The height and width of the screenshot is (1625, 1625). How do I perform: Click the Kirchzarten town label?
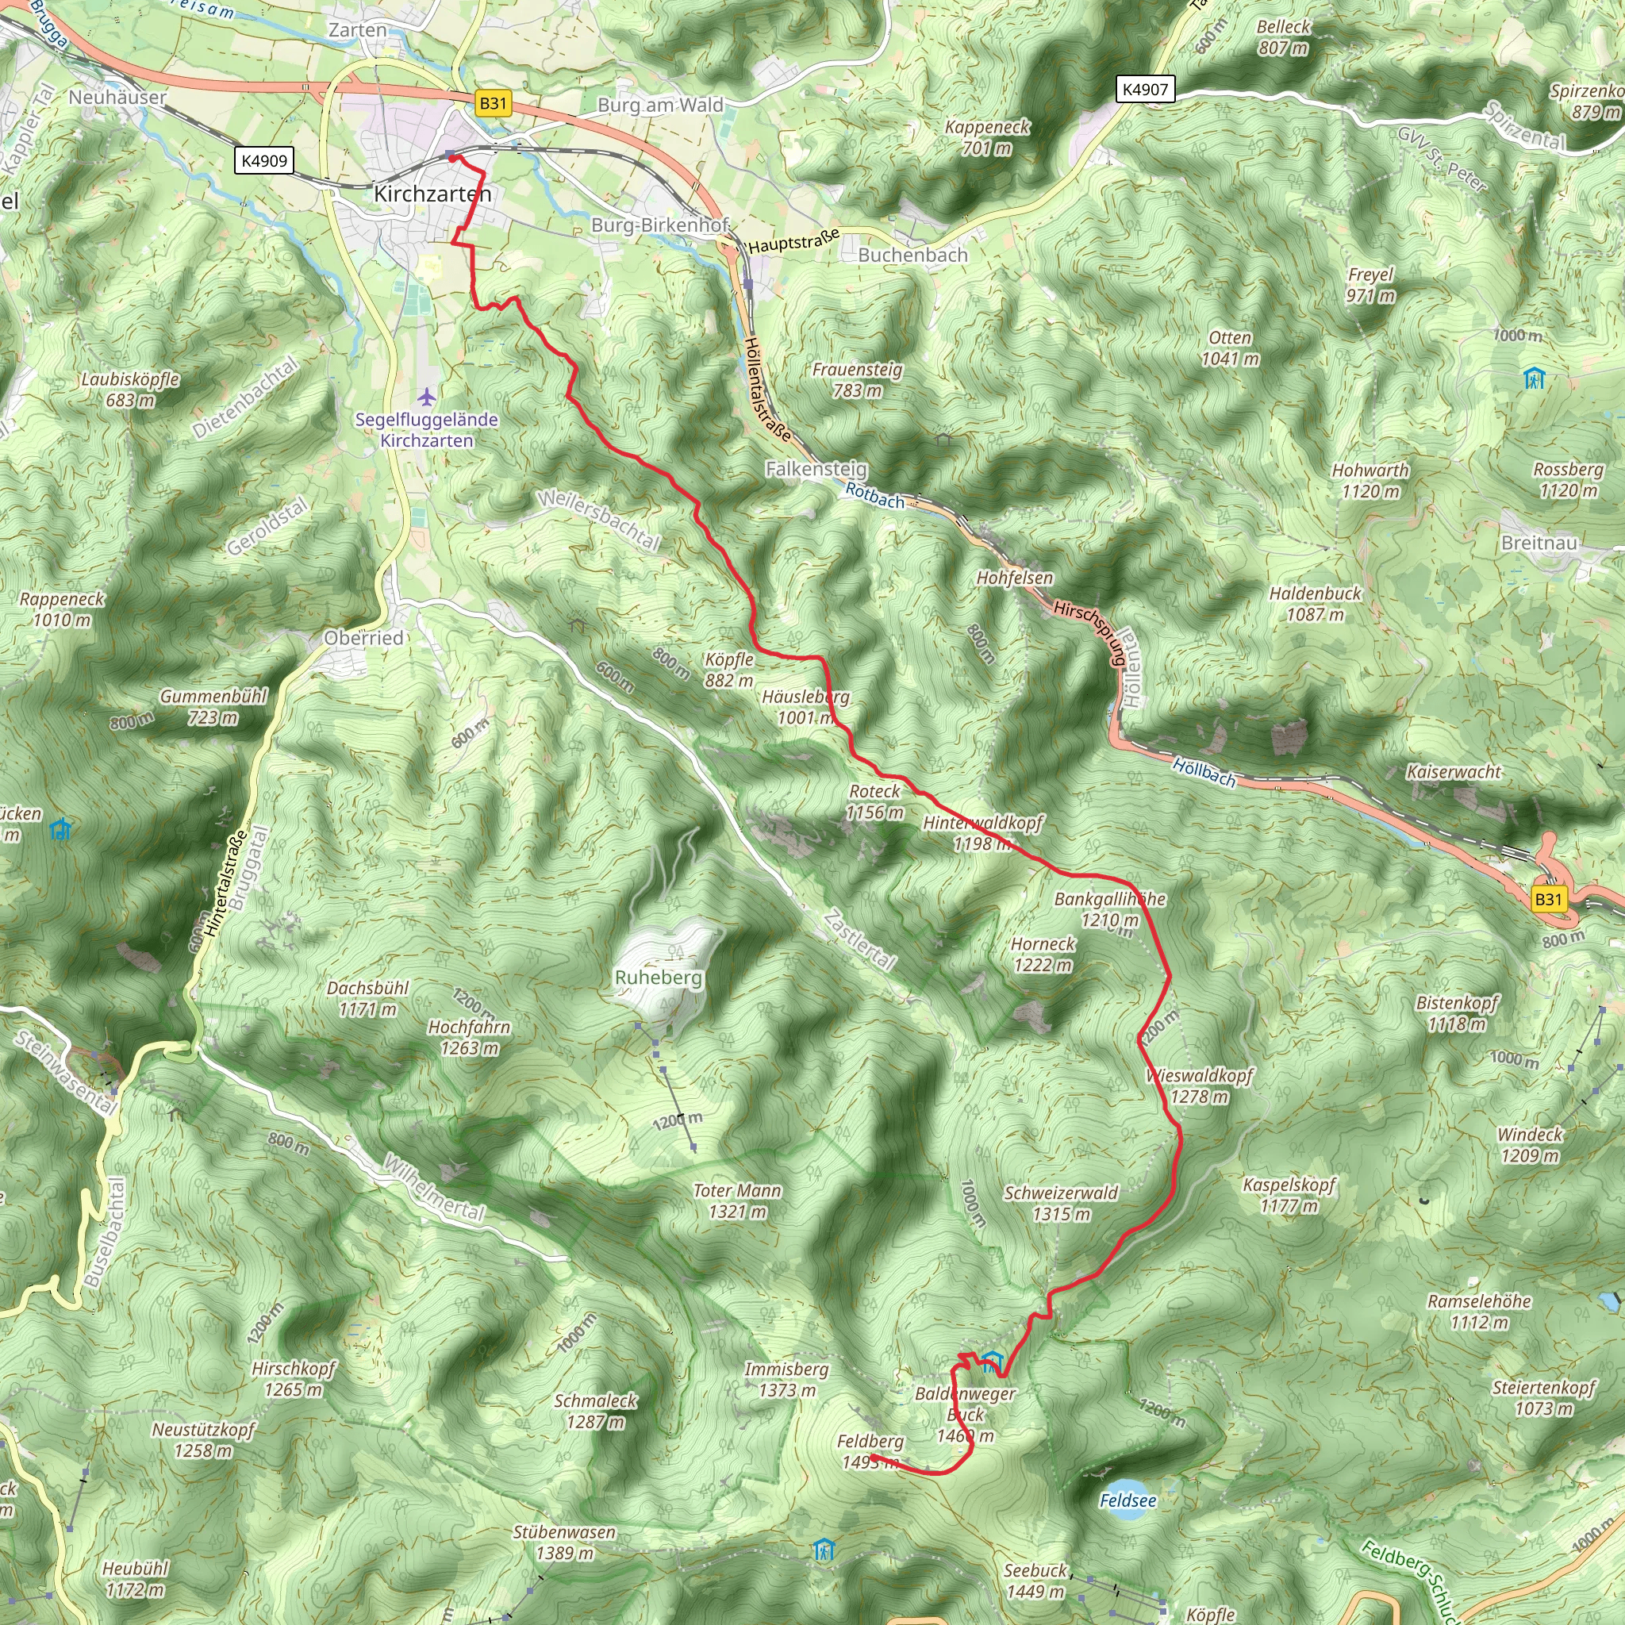(x=432, y=194)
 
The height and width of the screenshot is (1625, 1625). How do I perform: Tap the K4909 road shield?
(x=264, y=160)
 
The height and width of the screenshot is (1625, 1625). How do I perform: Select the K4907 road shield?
(x=1145, y=89)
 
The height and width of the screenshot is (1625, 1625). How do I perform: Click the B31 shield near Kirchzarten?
(x=493, y=103)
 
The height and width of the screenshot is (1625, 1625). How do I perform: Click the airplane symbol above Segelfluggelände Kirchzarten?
(x=428, y=395)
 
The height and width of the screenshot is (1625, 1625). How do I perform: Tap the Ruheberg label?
(x=658, y=978)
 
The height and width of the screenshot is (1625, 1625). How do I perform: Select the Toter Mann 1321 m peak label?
(x=737, y=1201)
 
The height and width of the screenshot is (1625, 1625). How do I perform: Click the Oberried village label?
(x=364, y=638)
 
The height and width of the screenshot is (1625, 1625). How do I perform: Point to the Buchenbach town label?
(x=912, y=255)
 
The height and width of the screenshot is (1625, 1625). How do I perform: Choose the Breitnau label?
(x=1539, y=543)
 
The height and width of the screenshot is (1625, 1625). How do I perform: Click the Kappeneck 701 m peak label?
(x=986, y=137)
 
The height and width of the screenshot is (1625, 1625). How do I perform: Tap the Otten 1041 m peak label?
(x=1230, y=348)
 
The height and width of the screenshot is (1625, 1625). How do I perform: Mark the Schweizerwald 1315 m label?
(x=1061, y=1203)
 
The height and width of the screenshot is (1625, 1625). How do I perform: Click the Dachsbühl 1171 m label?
(x=367, y=998)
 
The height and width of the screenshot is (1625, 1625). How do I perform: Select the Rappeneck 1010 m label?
(x=62, y=609)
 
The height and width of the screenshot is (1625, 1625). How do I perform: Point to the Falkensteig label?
(x=816, y=468)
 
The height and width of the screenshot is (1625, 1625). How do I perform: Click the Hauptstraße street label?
(x=793, y=241)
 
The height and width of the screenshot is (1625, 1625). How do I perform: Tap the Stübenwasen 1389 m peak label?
(x=564, y=1542)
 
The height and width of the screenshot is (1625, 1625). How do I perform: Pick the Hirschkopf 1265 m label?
(x=294, y=1378)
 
